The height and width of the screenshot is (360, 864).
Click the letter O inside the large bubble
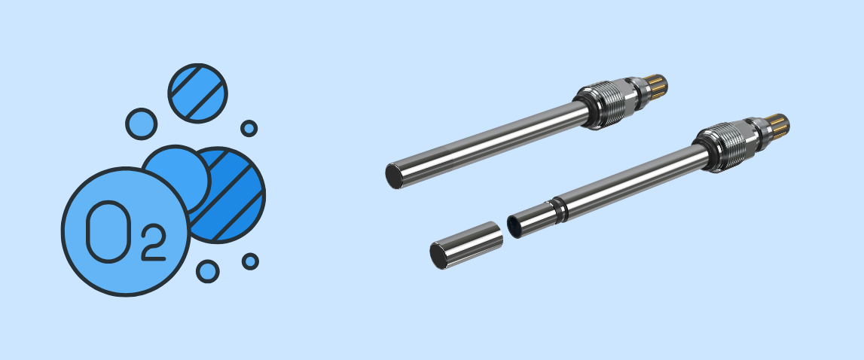108,231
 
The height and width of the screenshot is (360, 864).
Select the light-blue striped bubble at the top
197,93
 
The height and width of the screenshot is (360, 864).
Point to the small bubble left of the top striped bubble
141,124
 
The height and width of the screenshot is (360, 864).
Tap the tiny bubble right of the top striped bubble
249,129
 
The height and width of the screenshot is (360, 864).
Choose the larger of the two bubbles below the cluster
208,271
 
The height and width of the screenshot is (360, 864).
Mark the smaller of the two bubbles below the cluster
250,261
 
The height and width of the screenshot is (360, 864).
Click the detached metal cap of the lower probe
466,246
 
